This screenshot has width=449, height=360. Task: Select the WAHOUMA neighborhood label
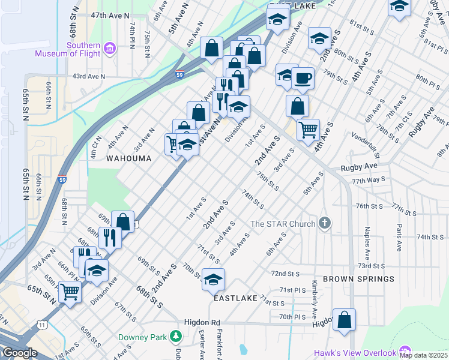coord(127,158)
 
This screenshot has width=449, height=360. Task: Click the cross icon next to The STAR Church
coord(324,224)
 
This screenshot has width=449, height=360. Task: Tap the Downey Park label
coord(142,337)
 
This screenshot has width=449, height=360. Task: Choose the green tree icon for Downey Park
coord(175,337)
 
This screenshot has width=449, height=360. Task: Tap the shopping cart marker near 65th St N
coord(70,292)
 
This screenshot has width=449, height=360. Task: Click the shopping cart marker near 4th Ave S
coord(308,128)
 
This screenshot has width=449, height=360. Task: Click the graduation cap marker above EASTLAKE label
coord(213,278)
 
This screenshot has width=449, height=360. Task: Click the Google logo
coord(19,353)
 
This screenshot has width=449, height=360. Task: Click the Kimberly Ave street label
coord(313,295)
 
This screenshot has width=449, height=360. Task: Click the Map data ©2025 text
coord(423,355)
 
